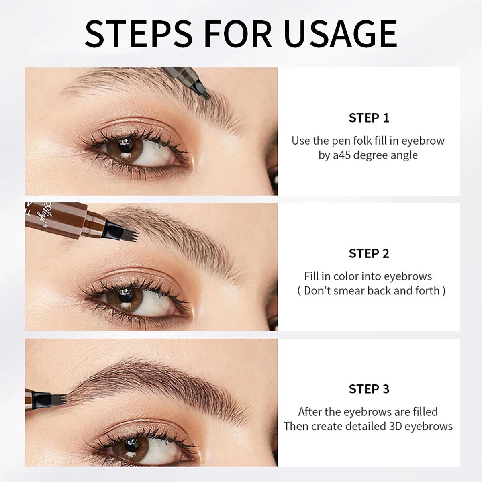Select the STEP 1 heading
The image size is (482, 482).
369,118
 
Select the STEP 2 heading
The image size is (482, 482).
369,253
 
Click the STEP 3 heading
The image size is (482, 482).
369,389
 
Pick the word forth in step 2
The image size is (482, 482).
425,290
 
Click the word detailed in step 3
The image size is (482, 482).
361,426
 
